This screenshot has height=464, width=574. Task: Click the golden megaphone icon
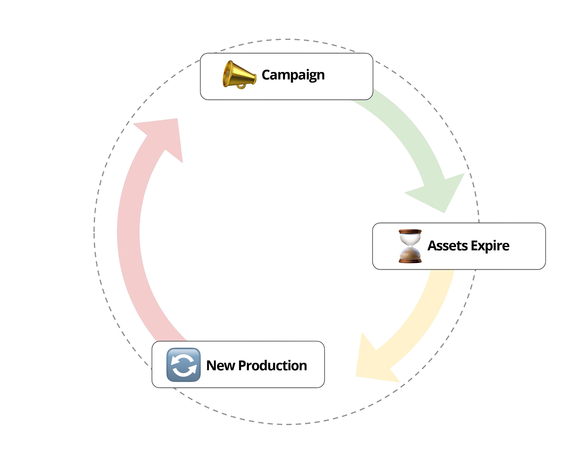[239, 75]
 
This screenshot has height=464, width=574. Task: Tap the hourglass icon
[410, 246]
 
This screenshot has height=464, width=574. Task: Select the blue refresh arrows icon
[183, 365]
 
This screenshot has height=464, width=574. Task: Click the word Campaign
[293, 75]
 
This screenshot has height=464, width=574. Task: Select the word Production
[272, 366]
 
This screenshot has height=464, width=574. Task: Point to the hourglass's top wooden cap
[410, 231]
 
